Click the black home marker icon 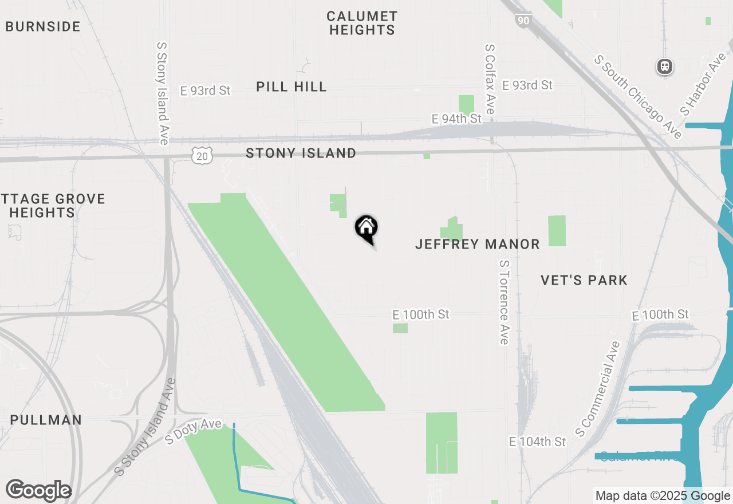coord(366,229)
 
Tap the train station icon coord(664,66)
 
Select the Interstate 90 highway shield coord(523,21)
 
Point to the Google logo coord(38,490)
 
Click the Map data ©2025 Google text coord(663,496)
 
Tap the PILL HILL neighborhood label coord(291,87)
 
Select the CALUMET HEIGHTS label coord(362,23)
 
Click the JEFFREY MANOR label coord(477,245)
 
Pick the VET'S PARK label coord(584,280)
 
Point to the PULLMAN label coord(46,420)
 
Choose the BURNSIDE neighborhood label coord(43,26)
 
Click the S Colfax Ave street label coord(490,79)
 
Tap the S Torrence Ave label coord(504,302)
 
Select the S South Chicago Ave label coord(638,96)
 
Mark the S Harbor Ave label coord(703,84)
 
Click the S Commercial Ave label coord(598,388)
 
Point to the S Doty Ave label coord(193,431)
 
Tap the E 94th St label coord(456,119)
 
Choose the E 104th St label coord(537,442)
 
